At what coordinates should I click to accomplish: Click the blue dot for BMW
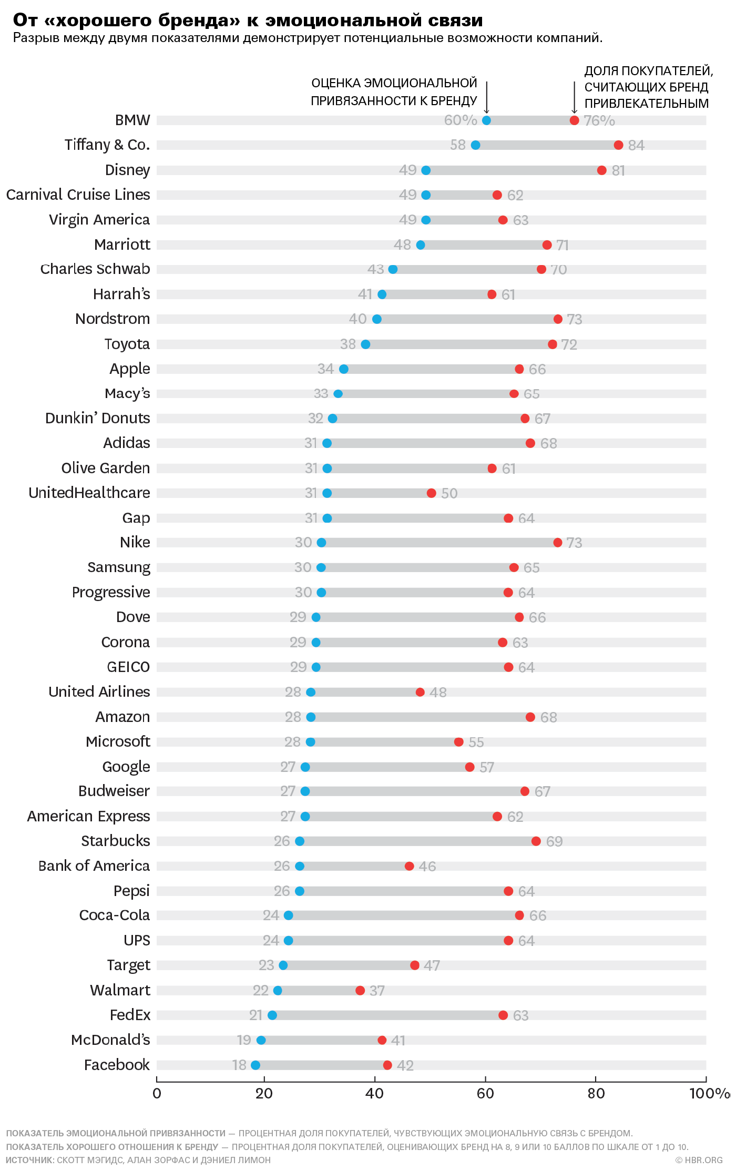[486, 120]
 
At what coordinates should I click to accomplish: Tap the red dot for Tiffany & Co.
[618, 145]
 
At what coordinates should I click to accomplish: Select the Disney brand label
[127, 170]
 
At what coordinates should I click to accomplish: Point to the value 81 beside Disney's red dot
[618, 170]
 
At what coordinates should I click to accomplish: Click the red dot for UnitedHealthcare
[431, 493]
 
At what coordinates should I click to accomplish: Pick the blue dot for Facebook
[255, 1065]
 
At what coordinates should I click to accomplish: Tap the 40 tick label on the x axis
[374, 1094]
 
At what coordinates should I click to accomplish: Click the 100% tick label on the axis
[709, 1094]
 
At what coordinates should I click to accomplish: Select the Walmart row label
[120, 990]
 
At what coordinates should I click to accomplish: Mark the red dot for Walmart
[360, 991]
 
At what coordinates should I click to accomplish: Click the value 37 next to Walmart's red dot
[377, 991]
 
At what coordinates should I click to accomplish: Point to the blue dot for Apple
[343, 369]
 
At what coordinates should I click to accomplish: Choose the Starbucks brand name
[116, 841]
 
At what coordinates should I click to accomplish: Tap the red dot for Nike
[557, 542]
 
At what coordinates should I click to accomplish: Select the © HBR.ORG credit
[699, 1160]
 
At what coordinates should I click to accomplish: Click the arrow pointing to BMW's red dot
[574, 97]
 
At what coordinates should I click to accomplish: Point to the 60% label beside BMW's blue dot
[461, 120]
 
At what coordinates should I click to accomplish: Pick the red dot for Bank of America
[409, 866]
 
